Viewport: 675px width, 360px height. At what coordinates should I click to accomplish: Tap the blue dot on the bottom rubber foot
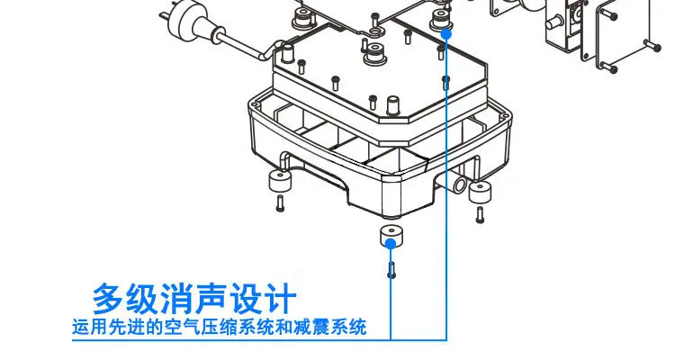pos(391,244)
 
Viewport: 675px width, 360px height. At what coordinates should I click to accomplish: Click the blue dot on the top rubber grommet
pos(446,33)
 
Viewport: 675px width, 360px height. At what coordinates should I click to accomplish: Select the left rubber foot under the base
pos(280,181)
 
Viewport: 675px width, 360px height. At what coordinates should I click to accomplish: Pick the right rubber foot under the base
pos(480,192)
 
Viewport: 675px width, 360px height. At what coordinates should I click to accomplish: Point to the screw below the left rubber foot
pos(281,203)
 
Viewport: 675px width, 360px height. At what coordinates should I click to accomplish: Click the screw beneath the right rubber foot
pos(480,215)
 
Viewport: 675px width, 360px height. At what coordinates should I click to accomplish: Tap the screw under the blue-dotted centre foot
pos(391,270)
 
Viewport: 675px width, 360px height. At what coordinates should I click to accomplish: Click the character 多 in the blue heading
pos(108,298)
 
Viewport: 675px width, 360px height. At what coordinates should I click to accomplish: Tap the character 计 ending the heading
pos(280,298)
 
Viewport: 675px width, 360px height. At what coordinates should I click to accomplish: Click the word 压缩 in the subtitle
pos(220,327)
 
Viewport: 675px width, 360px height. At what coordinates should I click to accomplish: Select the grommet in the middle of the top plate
pos(375,53)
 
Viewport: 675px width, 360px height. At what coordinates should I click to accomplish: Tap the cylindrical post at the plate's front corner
pos(392,105)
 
